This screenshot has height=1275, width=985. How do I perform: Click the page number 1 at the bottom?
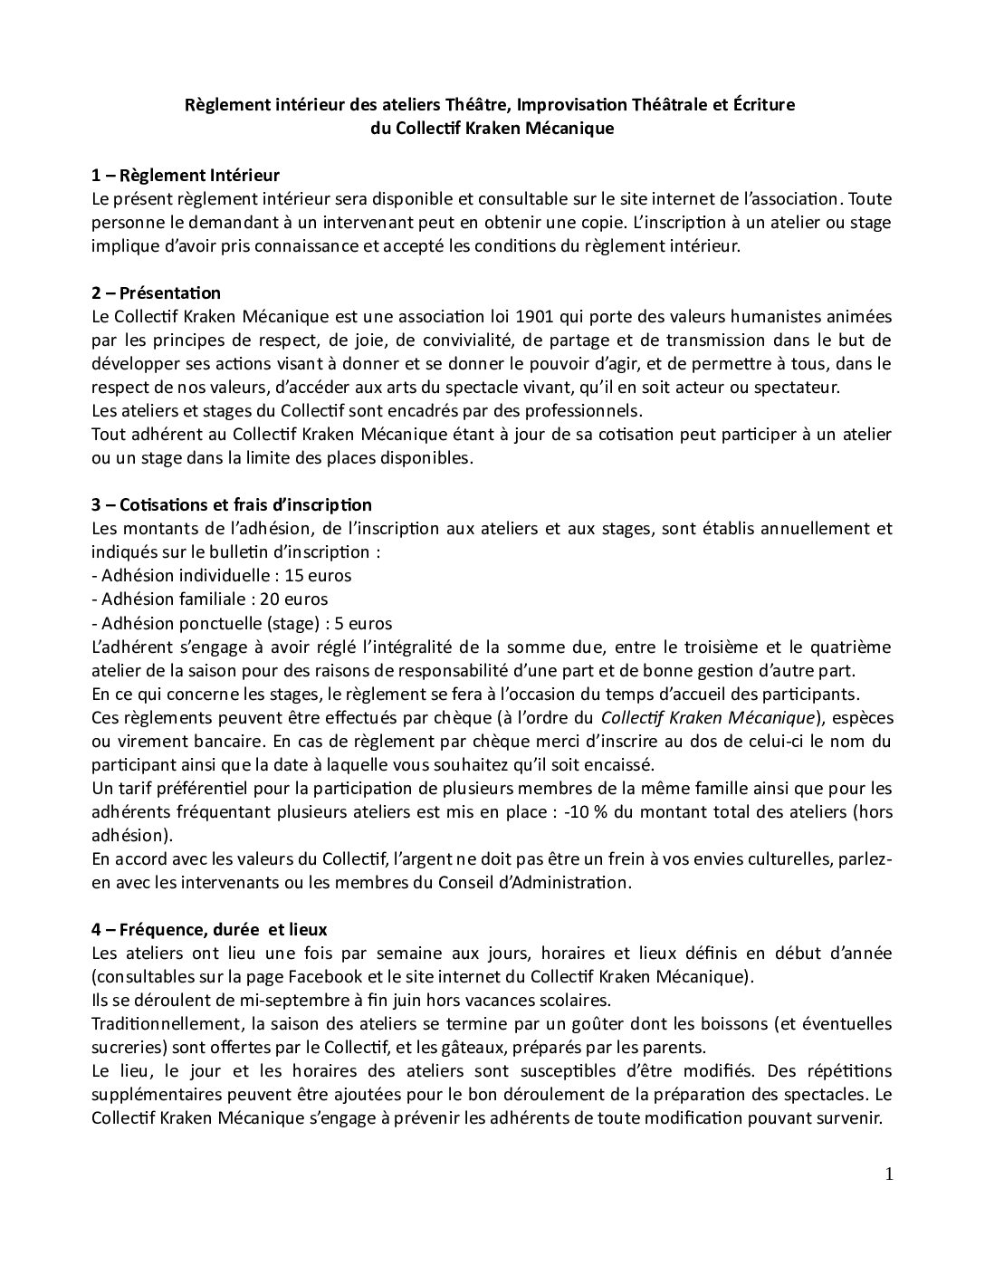tap(888, 1174)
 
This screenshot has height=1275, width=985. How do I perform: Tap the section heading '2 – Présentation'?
tap(156, 292)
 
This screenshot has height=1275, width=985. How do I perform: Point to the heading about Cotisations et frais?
tap(232, 504)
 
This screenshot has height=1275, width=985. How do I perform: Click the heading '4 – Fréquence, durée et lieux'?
tap(209, 929)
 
